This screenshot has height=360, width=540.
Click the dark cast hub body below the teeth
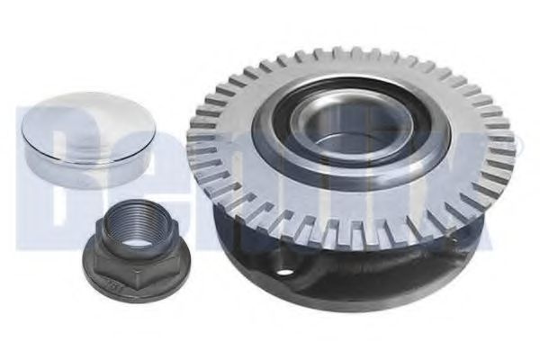360,270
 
